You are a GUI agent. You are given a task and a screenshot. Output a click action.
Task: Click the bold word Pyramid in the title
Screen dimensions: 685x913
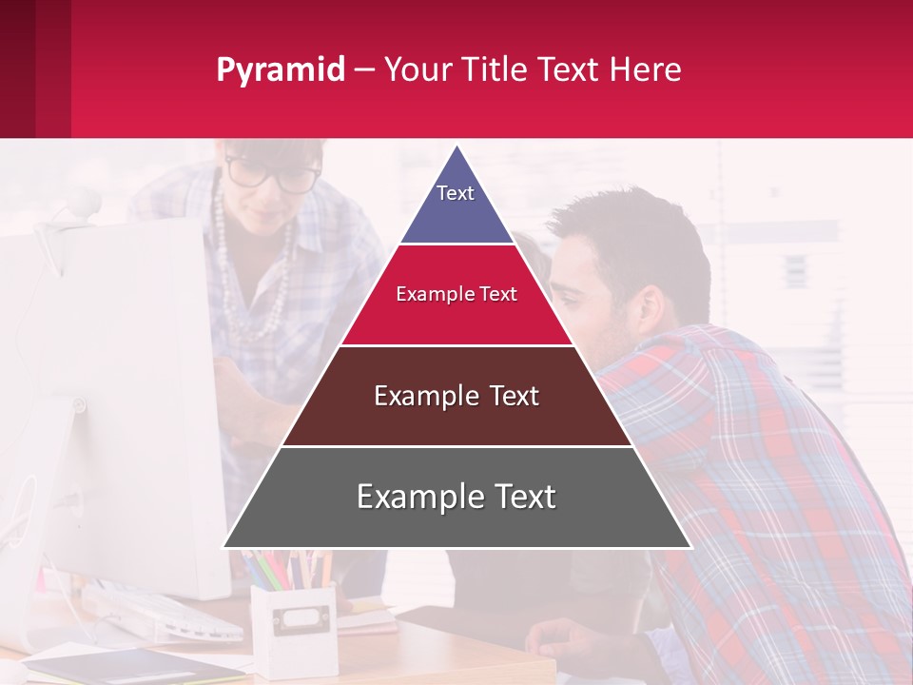281,69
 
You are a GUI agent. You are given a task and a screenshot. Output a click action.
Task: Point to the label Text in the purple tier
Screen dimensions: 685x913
456,193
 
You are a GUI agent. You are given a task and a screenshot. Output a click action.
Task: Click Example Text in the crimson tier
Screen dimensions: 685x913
456,294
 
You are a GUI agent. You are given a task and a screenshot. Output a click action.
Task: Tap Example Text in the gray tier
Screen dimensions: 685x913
456,497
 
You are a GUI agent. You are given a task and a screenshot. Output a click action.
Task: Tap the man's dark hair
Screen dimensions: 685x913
628,238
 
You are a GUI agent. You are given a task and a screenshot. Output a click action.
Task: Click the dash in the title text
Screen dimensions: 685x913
364,69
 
